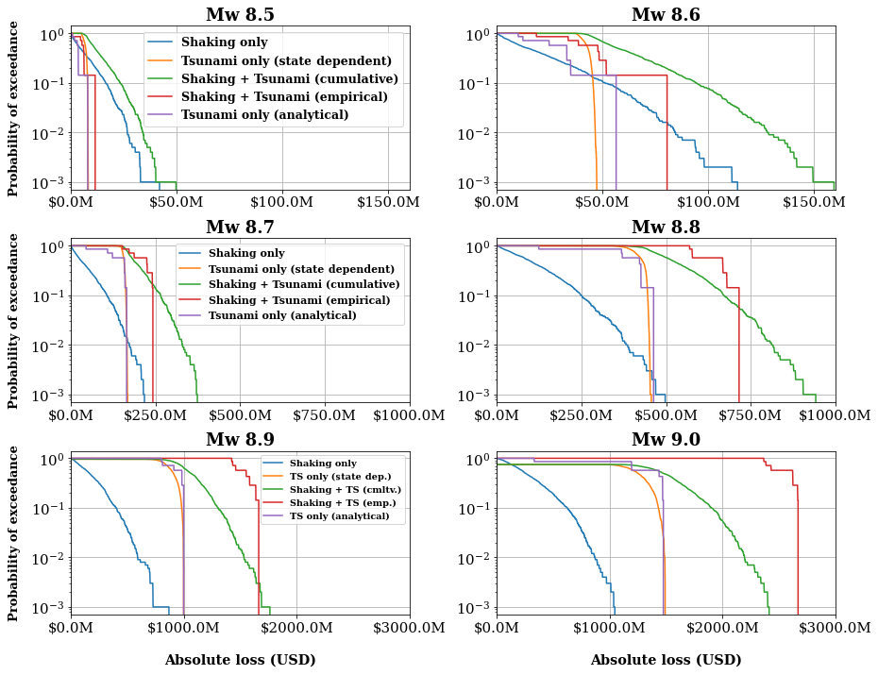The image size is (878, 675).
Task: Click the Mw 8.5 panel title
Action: point(240,15)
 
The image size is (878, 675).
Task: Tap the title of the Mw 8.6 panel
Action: point(666,15)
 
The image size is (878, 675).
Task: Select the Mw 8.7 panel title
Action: point(240,228)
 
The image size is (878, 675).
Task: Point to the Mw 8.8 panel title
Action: point(666,228)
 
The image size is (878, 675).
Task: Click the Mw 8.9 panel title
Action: point(240,440)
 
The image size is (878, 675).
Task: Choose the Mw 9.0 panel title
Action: point(666,440)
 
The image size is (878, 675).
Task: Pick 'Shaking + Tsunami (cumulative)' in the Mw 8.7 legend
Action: point(304,284)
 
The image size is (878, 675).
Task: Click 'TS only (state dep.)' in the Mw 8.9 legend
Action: point(346,477)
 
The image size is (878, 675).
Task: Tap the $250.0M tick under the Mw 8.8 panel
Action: point(581,414)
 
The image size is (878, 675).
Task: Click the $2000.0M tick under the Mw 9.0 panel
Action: point(723,627)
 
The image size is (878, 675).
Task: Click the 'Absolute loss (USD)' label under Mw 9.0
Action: point(666,660)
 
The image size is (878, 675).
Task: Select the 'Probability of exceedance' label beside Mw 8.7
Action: point(14,321)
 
